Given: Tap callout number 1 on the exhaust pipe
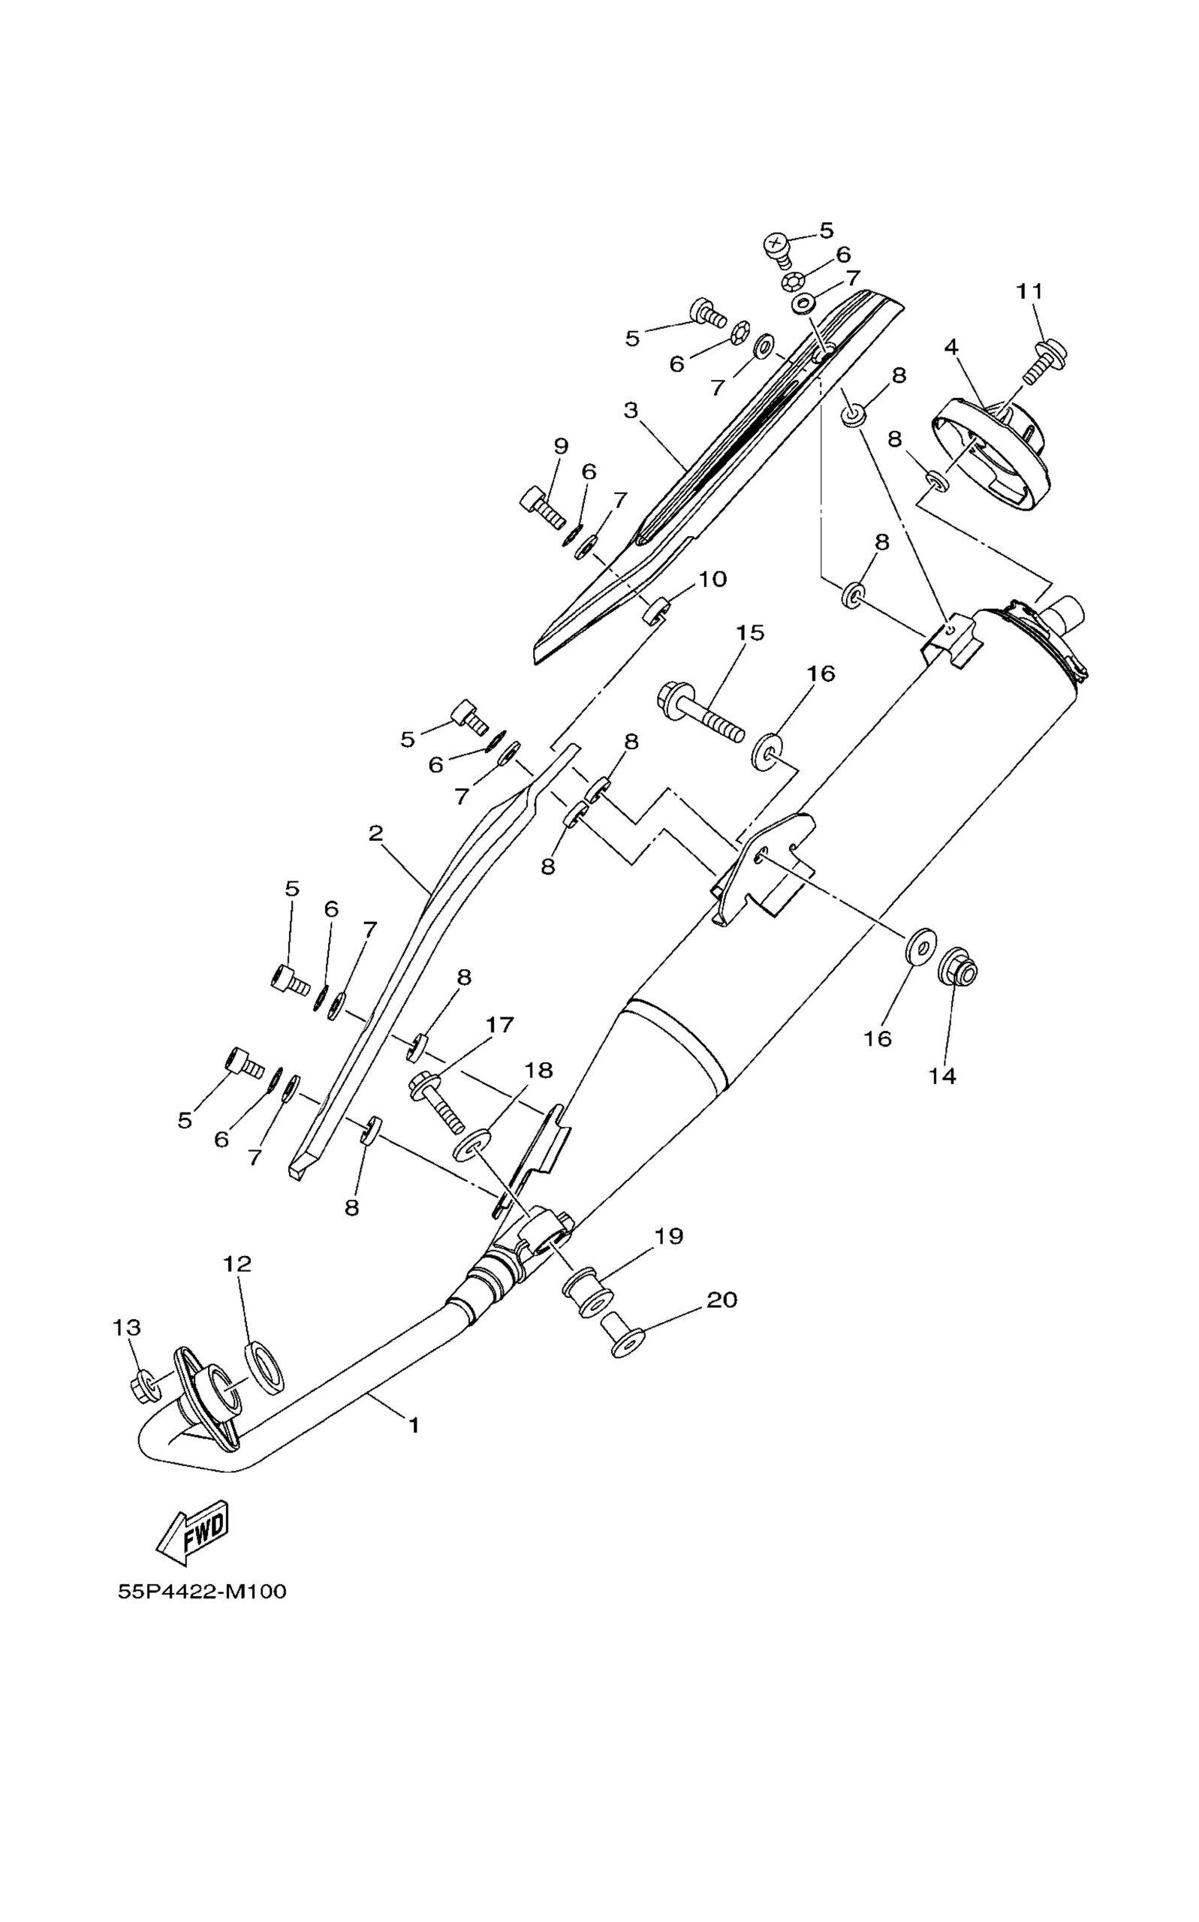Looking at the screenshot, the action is [413, 1425].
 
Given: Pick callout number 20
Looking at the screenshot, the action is [722, 1300].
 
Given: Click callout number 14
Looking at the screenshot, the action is [943, 1076].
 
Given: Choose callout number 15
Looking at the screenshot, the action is [749, 633].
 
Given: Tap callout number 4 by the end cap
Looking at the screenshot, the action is [950, 347].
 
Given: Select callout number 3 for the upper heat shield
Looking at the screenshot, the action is [631, 411].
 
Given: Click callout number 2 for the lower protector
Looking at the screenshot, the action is [375, 833].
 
